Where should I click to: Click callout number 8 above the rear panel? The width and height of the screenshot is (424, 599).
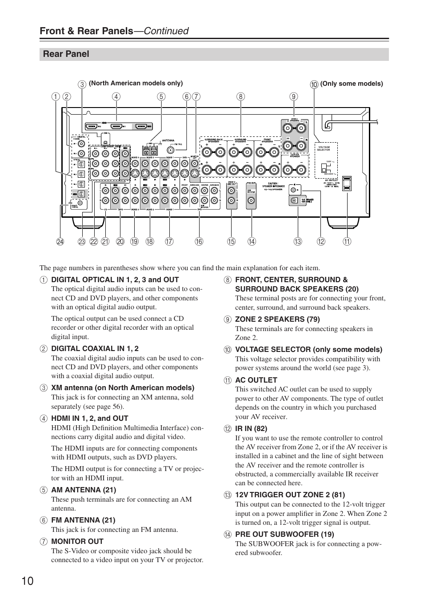coord(240,96)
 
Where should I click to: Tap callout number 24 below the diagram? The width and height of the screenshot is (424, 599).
coord(60,242)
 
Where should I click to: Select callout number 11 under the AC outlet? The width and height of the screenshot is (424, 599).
coord(347,242)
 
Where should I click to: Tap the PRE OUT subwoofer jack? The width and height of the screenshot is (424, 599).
coord(251,200)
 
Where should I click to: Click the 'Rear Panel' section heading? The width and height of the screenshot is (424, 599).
coord(66,54)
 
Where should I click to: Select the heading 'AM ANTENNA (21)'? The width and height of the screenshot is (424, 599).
coord(84,490)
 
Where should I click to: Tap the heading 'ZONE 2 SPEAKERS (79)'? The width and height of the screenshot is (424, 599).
coord(277,319)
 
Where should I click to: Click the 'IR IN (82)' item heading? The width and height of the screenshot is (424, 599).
coord(251,428)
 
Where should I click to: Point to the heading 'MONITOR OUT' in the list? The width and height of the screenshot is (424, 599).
coord(77,541)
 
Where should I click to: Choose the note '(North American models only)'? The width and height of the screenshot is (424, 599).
coord(136,83)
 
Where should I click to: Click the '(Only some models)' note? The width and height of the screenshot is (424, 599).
coord(352,84)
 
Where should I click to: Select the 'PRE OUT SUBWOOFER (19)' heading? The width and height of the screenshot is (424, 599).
coord(284,534)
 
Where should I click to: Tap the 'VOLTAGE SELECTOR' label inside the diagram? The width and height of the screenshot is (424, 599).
coord(324,148)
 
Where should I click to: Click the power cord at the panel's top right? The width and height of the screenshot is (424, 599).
coord(351,120)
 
